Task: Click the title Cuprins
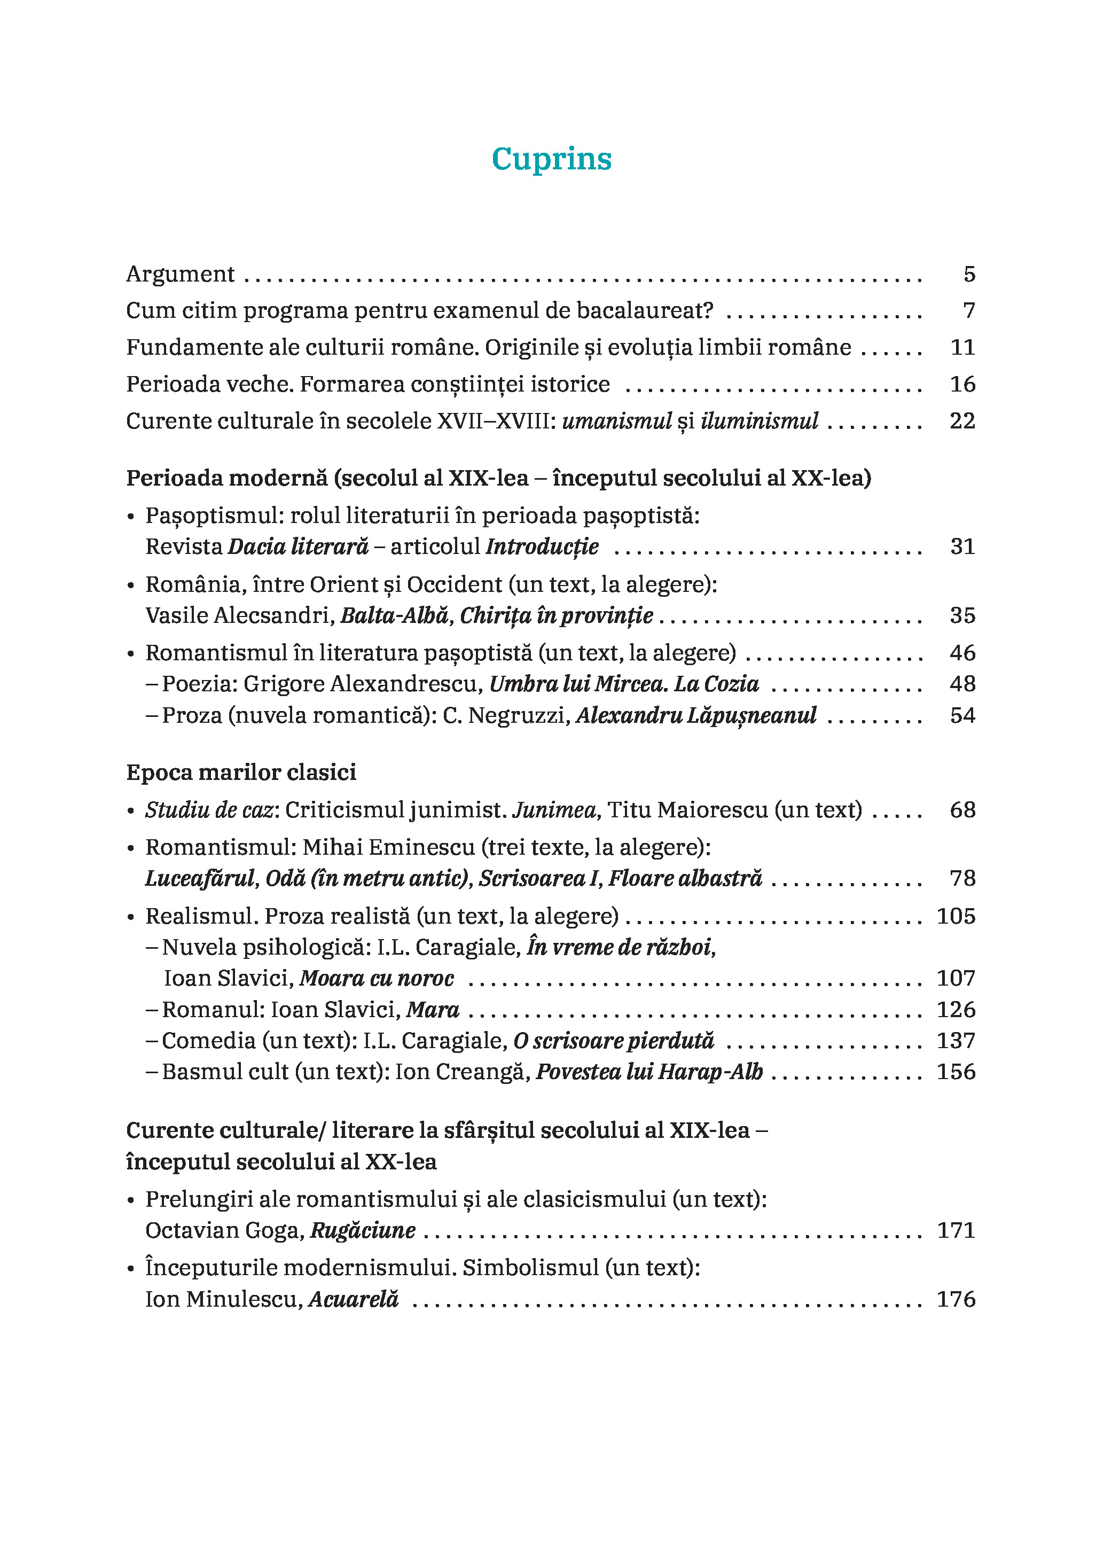pyautogui.click(x=551, y=159)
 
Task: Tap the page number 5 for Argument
pyautogui.click(x=969, y=274)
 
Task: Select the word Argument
pyautogui.click(x=180, y=274)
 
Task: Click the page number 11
pyautogui.click(x=962, y=347)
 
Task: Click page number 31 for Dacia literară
pyautogui.click(x=962, y=546)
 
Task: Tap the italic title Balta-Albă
pyautogui.click(x=394, y=615)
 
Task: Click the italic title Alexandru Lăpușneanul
pyautogui.click(x=696, y=715)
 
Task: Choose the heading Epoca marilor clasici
pyautogui.click(x=241, y=772)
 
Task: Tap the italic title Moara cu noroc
pyautogui.click(x=377, y=978)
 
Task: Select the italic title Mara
pyautogui.click(x=432, y=1010)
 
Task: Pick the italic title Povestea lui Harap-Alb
pyautogui.click(x=649, y=1072)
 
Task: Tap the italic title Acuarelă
pyautogui.click(x=354, y=1299)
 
